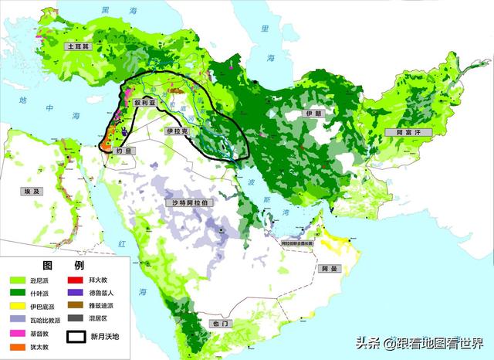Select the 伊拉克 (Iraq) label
point(177,132)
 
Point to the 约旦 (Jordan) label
point(123,152)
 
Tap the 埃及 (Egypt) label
point(30,189)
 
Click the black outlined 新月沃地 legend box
point(76,337)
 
